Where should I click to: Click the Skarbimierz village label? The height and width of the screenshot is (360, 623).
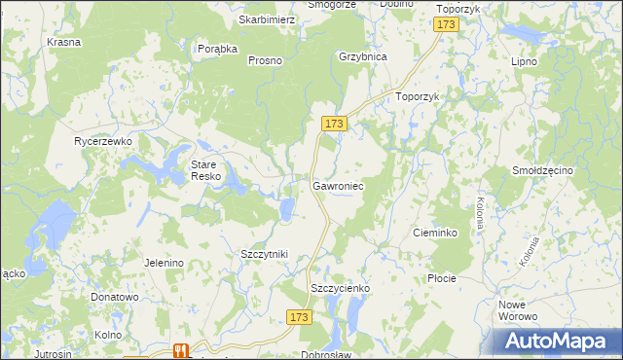click(x=268, y=19)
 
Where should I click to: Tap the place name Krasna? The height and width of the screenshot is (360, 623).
click(x=63, y=43)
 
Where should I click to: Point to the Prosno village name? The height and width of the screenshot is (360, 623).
click(x=265, y=60)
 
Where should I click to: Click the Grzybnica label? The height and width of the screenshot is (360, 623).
click(x=363, y=56)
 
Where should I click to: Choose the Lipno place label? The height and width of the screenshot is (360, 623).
click(x=525, y=60)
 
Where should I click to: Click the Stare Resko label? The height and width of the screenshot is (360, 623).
click(x=205, y=170)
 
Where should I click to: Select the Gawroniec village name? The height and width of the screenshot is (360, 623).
click(x=339, y=184)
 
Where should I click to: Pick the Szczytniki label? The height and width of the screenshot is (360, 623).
click(x=264, y=254)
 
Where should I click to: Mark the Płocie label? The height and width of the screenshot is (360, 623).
click(x=442, y=278)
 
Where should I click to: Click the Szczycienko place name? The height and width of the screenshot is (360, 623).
click(x=341, y=288)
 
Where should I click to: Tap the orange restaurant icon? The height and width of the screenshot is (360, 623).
click(x=179, y=351)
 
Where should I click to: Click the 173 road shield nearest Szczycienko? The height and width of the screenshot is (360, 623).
click(x=300, y=317)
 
